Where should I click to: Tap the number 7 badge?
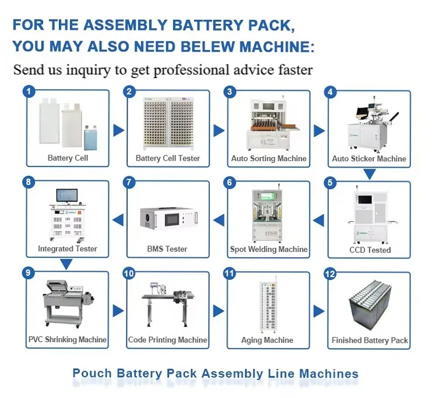tap(130, 183)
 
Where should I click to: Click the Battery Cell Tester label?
tap(168, 158)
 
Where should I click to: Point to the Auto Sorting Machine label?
tap(269, 158)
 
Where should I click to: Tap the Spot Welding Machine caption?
tap(269, 249)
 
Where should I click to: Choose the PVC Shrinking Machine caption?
tap(68, 339)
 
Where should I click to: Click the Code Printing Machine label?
tap(168, 340)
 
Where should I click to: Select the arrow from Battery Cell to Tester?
tap(118, 130)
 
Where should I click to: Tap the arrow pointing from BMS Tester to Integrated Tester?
tap(118, 220)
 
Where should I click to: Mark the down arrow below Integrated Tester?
tap(67, 264)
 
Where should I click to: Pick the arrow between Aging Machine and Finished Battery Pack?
tap(319, 311)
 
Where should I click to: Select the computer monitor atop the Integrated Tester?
tap(67, 196)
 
